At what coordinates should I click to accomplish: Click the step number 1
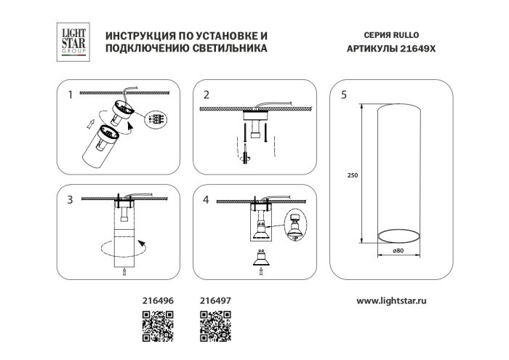[x=70, y=95]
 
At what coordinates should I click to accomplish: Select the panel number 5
[x=343, y=95]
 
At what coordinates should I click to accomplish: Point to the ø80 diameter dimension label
[x=398, y=251]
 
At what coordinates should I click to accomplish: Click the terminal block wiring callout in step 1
[x=155, y=119]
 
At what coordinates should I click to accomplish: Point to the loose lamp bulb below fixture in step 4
[x=260, y=257]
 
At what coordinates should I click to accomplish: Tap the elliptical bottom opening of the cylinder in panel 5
[x=398, y=234]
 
